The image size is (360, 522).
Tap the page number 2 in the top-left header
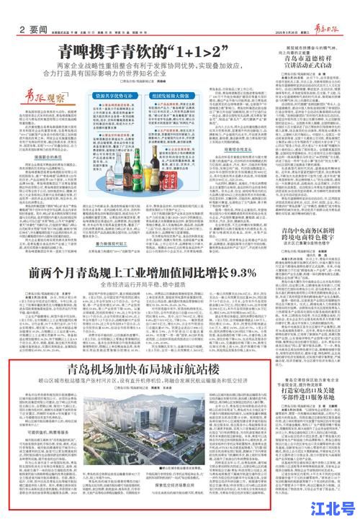coord(24,8)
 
